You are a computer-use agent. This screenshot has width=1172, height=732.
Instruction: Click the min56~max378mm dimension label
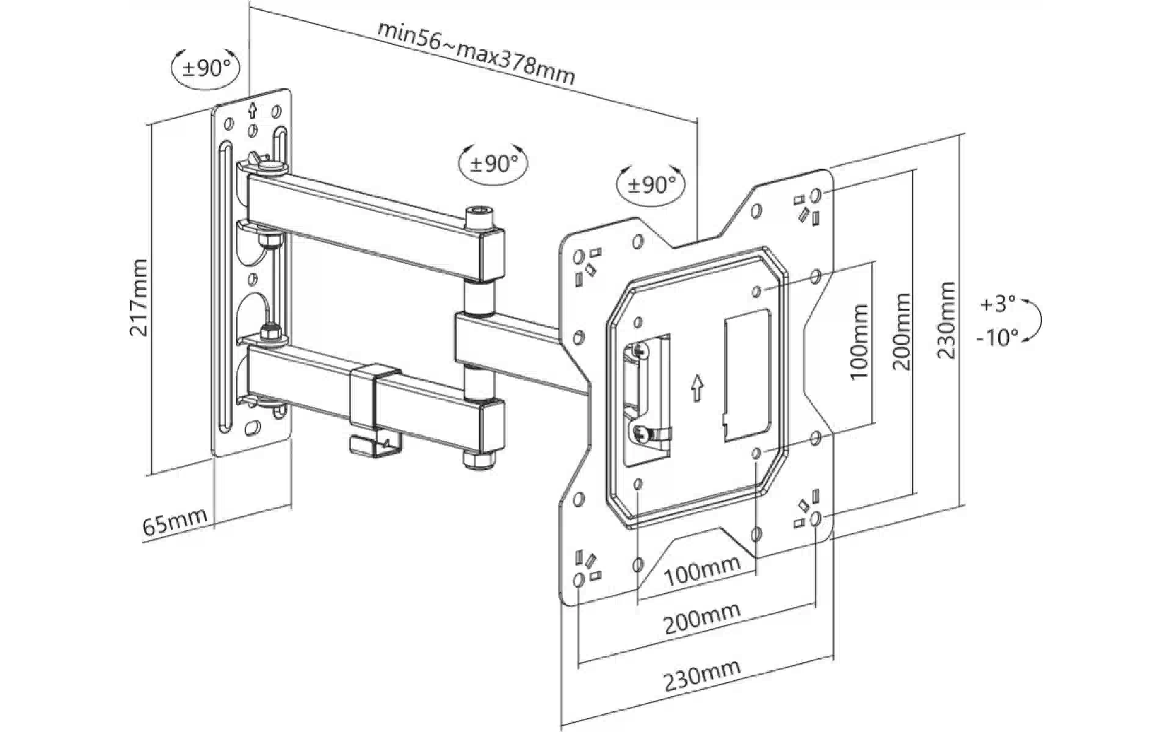pyautogui.click(x=476, y=54)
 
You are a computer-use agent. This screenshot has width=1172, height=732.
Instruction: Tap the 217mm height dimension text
pyautogui.click(x=139, y=298)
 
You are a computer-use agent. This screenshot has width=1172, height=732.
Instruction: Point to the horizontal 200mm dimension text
pyautogui.click(x=701, y=619)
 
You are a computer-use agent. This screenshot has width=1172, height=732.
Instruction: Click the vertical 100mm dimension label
pyautogui.click(x=859, y=342)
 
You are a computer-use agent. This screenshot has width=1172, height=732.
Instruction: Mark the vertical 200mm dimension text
pyautogui.click(x=902, y=332)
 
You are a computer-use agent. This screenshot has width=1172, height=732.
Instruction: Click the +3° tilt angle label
pyautogui.click(x=997, y=304)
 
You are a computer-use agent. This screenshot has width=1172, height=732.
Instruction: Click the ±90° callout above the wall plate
pyautogui.click(x=206, y=68)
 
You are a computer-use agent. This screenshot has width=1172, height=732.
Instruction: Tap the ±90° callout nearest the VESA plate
pyautogui.click(x=651, y=184)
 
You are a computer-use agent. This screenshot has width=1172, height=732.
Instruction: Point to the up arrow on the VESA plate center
pyautogui.click(x=696, y=387)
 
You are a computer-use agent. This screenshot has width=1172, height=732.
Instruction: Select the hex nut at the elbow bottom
pyautogui.click(x=474, y=459)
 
